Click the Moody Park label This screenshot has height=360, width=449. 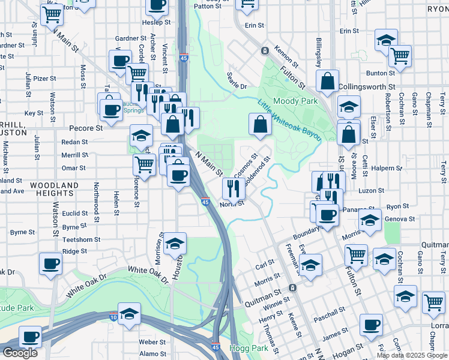[x=295, y=101]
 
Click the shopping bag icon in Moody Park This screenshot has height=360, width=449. [x=260, y=124]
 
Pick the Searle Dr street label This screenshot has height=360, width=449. [x=237, y=81]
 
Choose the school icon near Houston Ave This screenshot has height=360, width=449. [x=175, y=243]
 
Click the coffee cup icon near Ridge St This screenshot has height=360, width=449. [x=50, y=263]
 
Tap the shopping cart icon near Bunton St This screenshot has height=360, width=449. [x=399, y=56]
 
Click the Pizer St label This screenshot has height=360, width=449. [x=44, y=78]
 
